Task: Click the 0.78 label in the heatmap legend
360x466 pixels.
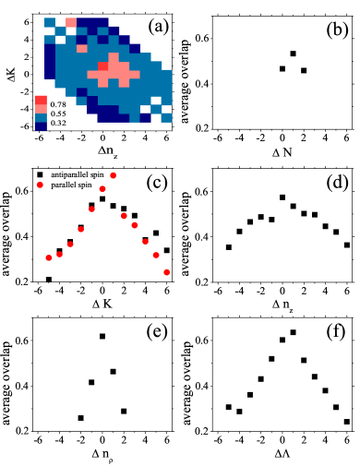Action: [58, 104]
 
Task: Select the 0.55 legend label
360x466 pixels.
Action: [58, 114]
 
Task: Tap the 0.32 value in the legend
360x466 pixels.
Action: [58, 123]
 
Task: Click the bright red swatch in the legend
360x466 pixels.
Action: [41, 100]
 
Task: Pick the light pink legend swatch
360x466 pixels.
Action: [41, 109]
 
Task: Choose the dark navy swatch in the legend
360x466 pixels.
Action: [41, 126]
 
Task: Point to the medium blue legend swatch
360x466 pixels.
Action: [41, 118]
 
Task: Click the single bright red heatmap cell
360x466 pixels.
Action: [102, 66]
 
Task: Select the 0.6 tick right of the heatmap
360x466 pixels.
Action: [202, 38]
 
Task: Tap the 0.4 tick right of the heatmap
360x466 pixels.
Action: [202, 83]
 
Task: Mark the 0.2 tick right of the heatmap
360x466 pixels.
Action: [202, 127]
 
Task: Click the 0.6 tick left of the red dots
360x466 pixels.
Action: [21, 190]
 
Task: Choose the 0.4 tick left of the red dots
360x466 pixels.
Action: [21, 236]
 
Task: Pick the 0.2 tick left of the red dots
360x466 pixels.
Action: [21, 281]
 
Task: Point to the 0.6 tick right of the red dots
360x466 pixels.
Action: [201, 191]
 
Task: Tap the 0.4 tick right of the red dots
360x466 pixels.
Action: [201, 236]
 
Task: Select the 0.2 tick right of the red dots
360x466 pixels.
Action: [201, 281]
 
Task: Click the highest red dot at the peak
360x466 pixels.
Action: [113, 174]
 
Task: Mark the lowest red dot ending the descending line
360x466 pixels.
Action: [166, 272]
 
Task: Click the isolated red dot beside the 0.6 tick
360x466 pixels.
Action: [40, 185]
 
